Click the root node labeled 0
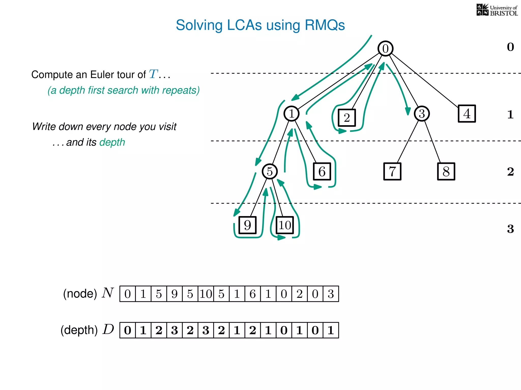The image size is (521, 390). pos(385,48)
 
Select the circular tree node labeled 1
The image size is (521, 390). pos(291,113)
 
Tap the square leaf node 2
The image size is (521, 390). pos(347,118)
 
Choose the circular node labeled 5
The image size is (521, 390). pos(270,171)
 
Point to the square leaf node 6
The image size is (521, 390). pos(322,172)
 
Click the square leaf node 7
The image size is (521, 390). pos(392,172)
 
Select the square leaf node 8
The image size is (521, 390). pos(446,172)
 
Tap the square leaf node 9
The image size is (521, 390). pos(247,225)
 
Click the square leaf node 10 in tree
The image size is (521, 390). pos(285,225)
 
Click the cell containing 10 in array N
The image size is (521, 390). pos(206,294)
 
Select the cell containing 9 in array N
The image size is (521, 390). pos(175,294)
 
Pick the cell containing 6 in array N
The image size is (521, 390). pos(253,294)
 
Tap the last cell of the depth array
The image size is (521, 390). pos(331,330)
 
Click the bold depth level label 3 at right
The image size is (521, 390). pos(510,229)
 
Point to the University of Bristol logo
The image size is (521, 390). pos(497,10)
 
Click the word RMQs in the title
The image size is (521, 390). pos(325,25)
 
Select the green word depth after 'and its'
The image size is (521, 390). pos(112,142)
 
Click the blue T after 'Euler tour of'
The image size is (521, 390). pos(153,74)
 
